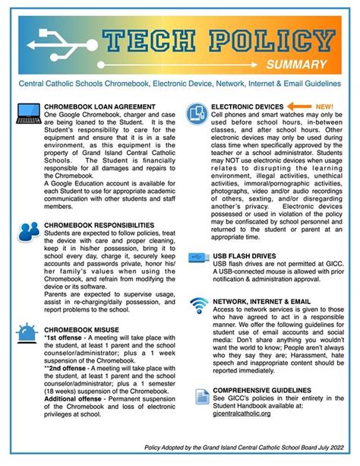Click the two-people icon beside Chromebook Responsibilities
29,232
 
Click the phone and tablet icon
197,113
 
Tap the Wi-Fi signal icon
199,305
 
